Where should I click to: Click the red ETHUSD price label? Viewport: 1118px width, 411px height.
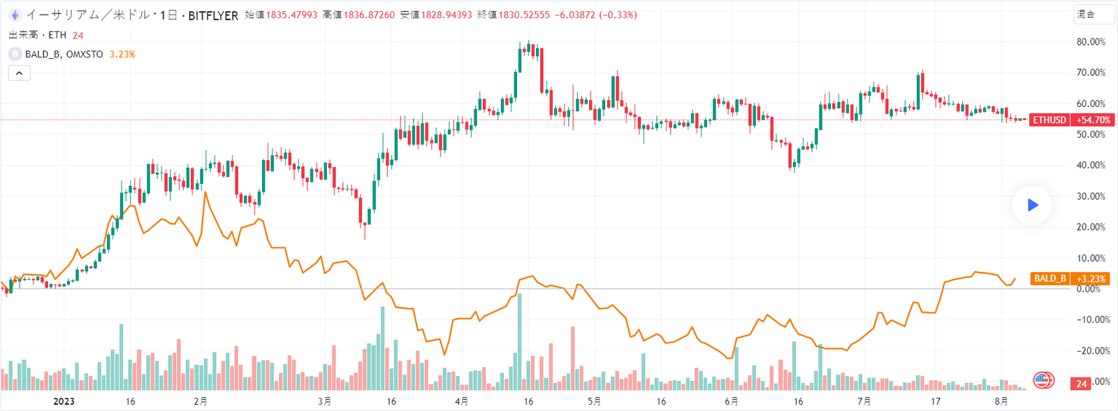[1050, 120]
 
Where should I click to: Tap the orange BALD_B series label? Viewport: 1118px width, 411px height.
[1050, 278]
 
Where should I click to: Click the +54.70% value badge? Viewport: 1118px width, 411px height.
[1093, 120]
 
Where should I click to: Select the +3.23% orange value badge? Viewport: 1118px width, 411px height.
[1091, 278]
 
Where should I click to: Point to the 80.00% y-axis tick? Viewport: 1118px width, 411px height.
[1091, 42]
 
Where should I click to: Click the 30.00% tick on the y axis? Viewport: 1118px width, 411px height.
[1091, 196]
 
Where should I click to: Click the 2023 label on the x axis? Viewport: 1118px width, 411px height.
[64, 401]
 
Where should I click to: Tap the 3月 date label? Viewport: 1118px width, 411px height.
[324, 401]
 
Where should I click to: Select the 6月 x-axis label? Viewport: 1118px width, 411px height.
[731, 401]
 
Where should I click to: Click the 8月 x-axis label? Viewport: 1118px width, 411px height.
[1001, 401]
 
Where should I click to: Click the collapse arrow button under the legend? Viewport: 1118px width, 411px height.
[20, 73]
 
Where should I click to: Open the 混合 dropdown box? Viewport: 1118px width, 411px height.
[1094, 15]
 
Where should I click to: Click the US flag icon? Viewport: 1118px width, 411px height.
[1043, 380]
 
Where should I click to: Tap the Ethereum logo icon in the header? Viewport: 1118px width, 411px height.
[14, 15]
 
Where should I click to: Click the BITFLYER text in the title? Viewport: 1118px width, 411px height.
[213, 15]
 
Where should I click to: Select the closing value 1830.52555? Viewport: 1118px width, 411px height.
[524, 15]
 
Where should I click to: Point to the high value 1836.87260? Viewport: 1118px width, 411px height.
[369, 15]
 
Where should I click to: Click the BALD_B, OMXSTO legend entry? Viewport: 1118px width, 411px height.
[64, 54]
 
